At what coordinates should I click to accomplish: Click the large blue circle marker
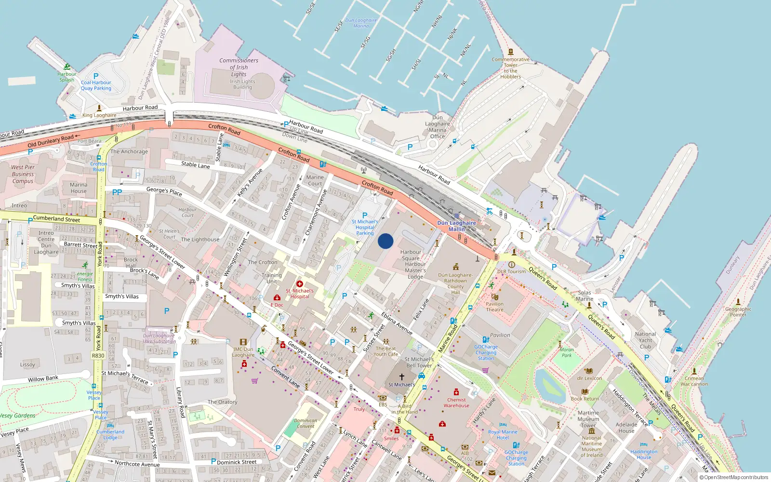pyautogui.click(x=385, y=241)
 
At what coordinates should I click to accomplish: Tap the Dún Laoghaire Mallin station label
pyautogui.click(x=456, y=226)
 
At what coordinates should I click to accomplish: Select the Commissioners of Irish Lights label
pyautogui.click(x=239, y=67)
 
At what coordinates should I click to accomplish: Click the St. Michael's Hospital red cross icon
pyautogui.click(x=300, y=284)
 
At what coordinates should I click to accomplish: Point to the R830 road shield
pyautogui.click(x=98, y=356)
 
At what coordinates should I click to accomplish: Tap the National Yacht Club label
pyautogui.click(x=645, y=340)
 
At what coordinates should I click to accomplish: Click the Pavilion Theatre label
pyautogui.click(x=494, y=307)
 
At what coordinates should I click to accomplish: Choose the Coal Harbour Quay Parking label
pyautogui.click(x=96, y=85)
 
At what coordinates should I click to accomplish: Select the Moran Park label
pyautogui.click(x=567, y=352)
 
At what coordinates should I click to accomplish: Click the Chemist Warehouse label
pyautogui.click(x=456, y=402)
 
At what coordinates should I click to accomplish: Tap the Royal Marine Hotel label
pyautogui.click(x=503, y=435)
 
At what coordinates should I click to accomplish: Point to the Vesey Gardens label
pyautogui.click(x=17, y=415)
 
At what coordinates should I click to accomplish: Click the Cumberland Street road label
pyautogui.click(x=56, y=218)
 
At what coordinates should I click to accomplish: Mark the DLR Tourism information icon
pyautogui.click(x=512, y=265)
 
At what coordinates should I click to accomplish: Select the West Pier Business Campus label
pyautogui.click(x=23, y=174)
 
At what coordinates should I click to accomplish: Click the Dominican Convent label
pyautogui.click(x=306, y=423)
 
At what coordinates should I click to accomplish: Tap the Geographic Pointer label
pyautogui.click(x=738, y=312)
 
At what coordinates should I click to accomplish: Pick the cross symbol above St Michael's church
pyautogui.click(x=401, y=377)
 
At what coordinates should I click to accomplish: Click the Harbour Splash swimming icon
pyautogui.click(x=67, y=67)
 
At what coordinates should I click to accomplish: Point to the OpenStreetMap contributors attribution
pyautogui.click(x=734, y=478)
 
